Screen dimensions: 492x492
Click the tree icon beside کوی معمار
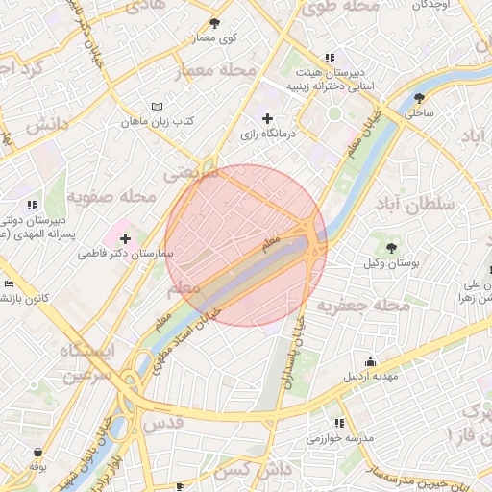tap(214, 23)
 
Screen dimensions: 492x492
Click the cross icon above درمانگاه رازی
tap(267, 118)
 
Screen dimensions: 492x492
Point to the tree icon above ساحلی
tap(419, 97)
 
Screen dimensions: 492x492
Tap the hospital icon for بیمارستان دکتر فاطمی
tap(125, 237)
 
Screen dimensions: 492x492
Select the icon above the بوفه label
tap(37, 452)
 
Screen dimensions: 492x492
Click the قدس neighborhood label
tap(161, 423)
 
